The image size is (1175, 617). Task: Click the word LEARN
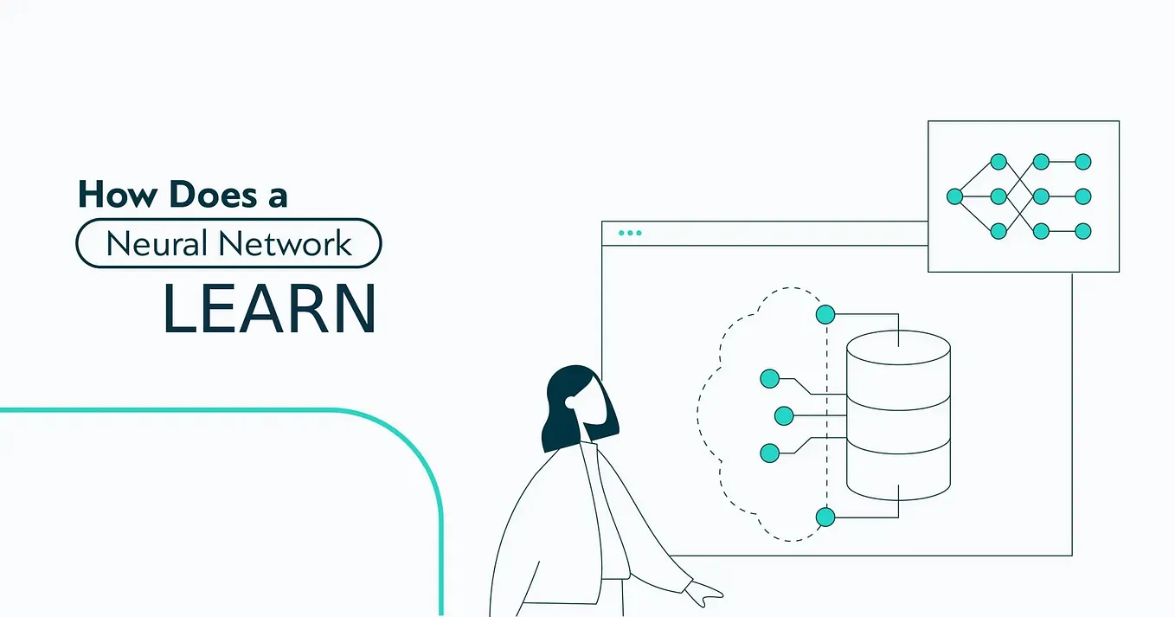pyautogui.click(x=269, y=309)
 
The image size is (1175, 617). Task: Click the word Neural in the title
pyautogui.click(x=156, y=243)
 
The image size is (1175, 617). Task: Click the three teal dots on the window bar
pyautogui.click(x=630, y=233)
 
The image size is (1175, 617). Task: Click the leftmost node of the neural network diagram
pyautogui.click(x=955, y=196)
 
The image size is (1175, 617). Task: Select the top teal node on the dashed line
pyautogui.click(x=825, y=314)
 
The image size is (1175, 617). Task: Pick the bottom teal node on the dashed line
pyautogui.click(x=825, y=517)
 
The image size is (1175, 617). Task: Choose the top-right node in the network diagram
pyautogui.click(x=1082, y=162)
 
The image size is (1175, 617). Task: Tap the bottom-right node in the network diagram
pyautogui.click(x=1082, y=231)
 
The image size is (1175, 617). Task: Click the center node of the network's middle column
pyautogui.click(x=998, y=196)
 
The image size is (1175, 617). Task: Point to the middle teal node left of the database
pyautogui.click(x=784, y=415)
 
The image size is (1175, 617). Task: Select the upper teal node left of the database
pyautogui.click(x=769, y=378)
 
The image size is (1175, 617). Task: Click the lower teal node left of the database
pyautogui.click(x=769, y=452)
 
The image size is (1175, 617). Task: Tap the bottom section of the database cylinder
pyautogui.click(x=898, y=476)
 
